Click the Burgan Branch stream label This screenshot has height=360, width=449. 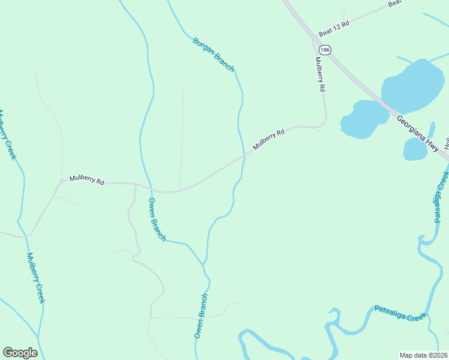(213, 55)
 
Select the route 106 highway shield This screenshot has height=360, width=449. (325, 50)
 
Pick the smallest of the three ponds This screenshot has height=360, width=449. (415, 149)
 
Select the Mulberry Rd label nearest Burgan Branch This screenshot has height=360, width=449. (268, 140)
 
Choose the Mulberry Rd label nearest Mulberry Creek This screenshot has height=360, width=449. (87, 179)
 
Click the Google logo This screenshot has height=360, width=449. (20, 353)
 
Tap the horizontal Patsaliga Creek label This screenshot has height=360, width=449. (400, 313)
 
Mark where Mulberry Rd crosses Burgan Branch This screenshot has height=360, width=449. (245, 154)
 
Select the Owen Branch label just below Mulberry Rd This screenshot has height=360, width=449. (157, 219)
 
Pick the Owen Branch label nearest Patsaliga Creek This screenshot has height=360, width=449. (201, 316)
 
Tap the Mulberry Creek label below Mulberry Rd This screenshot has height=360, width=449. (35, 277)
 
